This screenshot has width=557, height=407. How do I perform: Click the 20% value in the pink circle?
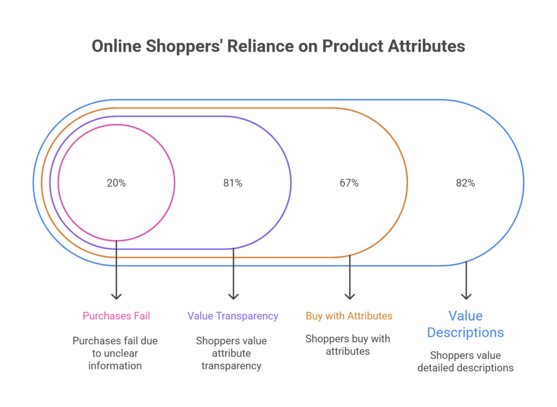(116, 183)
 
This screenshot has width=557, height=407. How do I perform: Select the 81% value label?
(232, 183)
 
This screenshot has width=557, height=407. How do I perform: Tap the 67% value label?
(349, 183)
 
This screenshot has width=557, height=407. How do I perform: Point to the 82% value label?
(465, 183)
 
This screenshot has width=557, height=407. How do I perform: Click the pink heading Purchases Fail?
(116, 316)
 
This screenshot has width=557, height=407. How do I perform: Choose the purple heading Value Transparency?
(232, 316)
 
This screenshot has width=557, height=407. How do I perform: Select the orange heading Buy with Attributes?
(349, 316)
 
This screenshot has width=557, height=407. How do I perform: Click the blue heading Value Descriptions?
(465, 324)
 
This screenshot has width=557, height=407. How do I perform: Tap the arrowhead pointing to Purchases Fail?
(116, 296)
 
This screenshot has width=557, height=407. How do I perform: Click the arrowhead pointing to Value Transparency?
(233, 296)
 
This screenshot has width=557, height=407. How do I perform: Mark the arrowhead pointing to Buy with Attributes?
(349, 296)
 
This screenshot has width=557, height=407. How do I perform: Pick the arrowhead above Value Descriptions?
(466, 296)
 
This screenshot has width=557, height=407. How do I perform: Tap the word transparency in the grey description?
(231, 366)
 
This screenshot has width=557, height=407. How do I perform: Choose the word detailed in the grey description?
(435, 368)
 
